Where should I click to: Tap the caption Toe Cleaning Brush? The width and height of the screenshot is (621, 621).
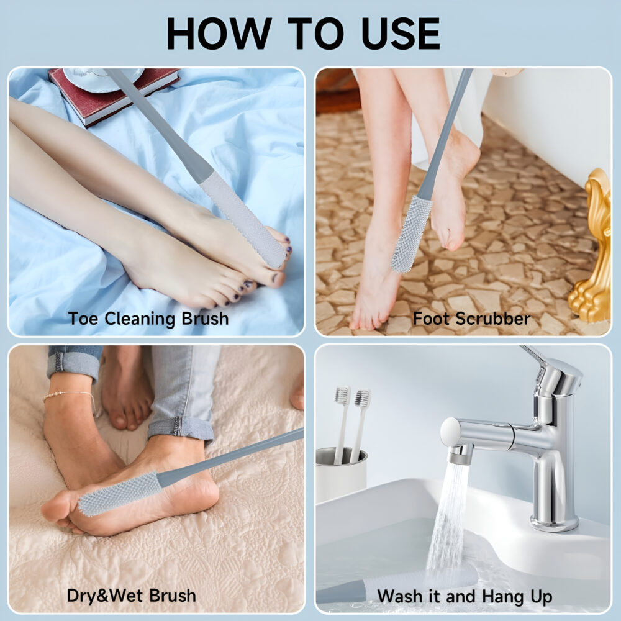click(148, 319)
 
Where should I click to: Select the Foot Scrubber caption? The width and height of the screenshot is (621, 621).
click(471, 319)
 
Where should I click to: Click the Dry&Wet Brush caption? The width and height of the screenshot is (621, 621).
click(131, 596)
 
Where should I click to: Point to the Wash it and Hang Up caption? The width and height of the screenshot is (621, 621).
click(465, 596)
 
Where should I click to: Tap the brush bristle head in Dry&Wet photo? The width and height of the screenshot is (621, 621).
click(118, 494)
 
